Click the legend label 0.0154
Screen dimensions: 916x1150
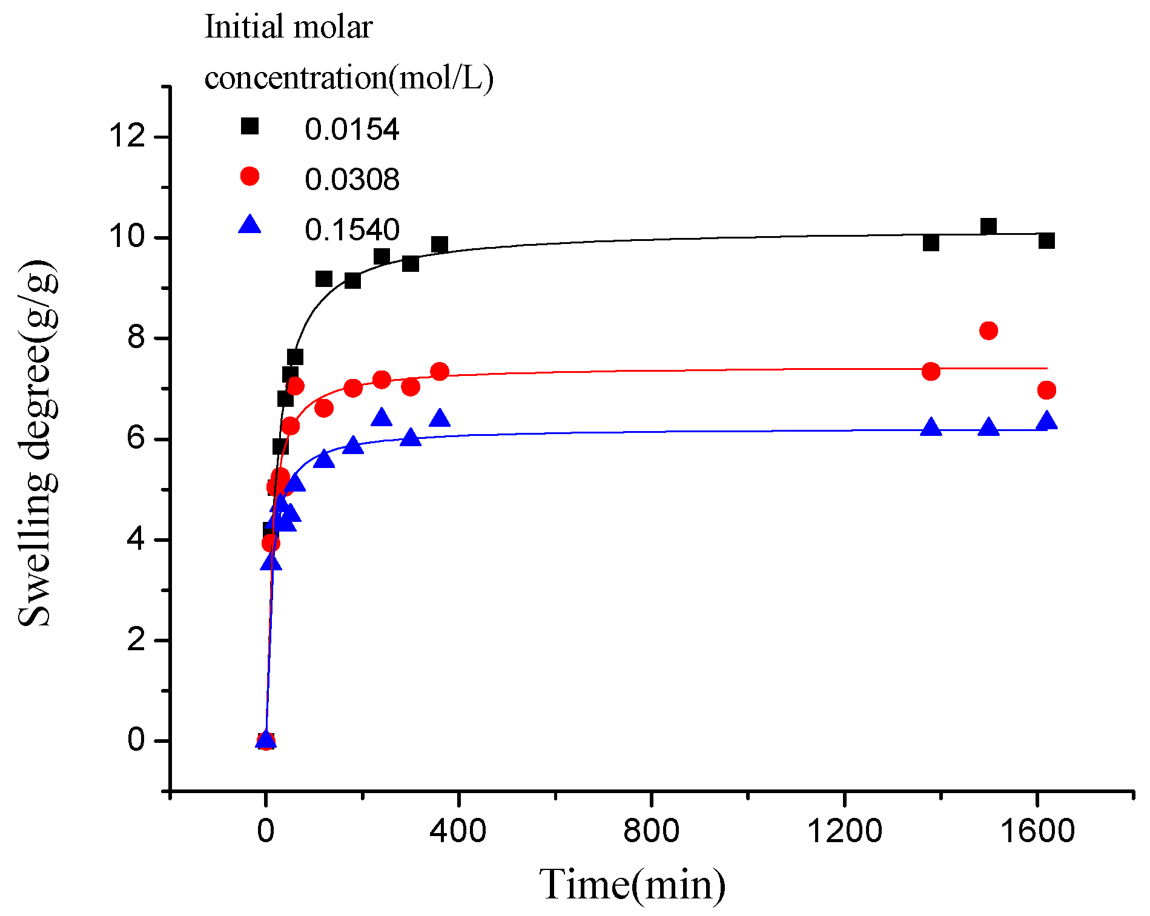pos(352,130)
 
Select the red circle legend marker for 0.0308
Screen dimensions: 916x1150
pos(249,176)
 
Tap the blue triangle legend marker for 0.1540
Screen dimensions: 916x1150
pos(249,226)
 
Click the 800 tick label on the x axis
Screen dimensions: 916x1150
pos(651,830)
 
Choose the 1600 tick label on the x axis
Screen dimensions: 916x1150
pos(1037,830)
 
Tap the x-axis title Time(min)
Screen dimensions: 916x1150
pos(632,885)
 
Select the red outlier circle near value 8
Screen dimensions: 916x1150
pos(988,331)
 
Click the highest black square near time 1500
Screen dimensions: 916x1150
pos(988,226)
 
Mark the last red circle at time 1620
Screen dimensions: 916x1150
pos(1046,390)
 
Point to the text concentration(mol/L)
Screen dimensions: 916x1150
pos(349,78)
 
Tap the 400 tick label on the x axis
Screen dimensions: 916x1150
pos(458,830)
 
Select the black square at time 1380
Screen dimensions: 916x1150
pos(931,243)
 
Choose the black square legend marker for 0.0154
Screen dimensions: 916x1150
pos(249,126)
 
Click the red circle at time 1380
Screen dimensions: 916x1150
pos(931,371)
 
